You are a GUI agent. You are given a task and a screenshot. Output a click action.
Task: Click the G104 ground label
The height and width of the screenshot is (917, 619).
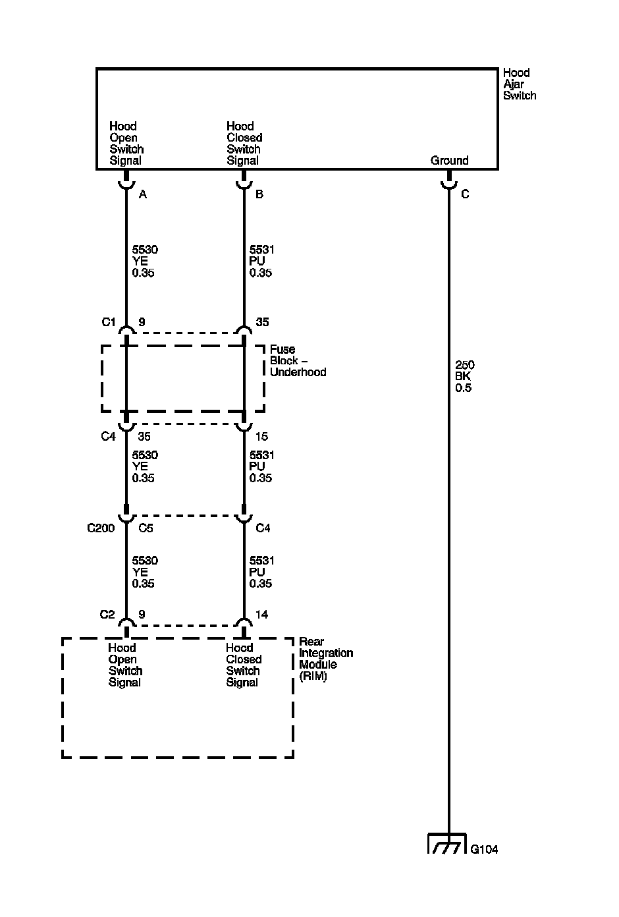pos(484,849)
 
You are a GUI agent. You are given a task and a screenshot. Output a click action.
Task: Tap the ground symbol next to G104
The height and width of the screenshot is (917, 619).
pos(448,844)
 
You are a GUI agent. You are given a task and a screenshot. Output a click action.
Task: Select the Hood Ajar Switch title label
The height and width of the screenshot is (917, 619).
pos(520,84)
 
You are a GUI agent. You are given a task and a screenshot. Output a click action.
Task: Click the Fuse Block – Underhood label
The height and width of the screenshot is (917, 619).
pos(298,361)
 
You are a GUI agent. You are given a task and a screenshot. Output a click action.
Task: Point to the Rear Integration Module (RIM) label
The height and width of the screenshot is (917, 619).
pos(326,659)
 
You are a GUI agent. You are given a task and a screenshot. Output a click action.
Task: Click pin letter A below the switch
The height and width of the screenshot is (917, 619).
pos(143,194)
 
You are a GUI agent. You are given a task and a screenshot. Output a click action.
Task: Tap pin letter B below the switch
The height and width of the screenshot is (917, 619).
pos(259,194)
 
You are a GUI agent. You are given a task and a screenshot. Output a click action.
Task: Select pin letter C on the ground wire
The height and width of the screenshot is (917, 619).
pos(465,194)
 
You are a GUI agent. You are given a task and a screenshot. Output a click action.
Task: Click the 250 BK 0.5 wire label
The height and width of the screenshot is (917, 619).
pos(464,376)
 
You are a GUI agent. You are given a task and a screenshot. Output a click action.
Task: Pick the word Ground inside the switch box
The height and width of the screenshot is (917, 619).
pos(449,161)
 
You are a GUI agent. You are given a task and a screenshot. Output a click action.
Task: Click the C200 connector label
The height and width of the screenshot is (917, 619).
pos(101,528)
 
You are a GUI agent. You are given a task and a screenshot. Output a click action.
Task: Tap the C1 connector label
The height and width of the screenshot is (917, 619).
pos(108,322)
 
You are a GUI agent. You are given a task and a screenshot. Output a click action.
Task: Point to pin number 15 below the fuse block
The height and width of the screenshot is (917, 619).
pos(262,436)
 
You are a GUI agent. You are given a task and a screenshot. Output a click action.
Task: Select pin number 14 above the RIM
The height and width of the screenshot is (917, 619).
pos(261,615)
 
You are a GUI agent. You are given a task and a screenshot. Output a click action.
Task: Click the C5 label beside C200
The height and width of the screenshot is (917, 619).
pos(146,528)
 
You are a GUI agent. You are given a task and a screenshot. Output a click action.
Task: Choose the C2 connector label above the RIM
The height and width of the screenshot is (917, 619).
pos(107,615)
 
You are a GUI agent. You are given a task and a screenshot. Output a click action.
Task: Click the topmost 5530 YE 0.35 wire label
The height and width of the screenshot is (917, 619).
pos(144,262)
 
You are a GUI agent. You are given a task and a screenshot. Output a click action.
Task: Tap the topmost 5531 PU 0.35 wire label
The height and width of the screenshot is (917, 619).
pos(261,262)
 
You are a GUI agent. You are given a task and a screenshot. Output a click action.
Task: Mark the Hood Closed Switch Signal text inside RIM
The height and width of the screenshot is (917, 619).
pos(244,665)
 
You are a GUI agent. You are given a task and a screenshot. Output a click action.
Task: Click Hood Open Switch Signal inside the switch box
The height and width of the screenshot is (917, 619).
pos(126,144)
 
